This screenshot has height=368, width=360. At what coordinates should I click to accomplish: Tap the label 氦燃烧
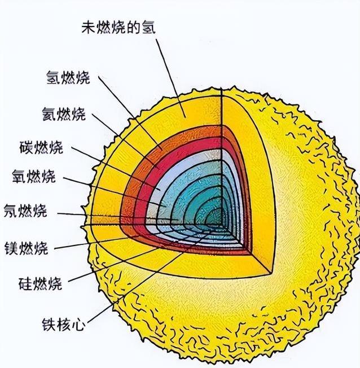pos(64,115)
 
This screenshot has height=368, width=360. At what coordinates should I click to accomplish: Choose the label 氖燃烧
pos(25,212)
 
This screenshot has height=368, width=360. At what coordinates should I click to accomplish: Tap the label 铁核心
pos(63,325)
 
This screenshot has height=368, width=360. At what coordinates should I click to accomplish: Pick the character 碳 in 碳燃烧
pos(25,148)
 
